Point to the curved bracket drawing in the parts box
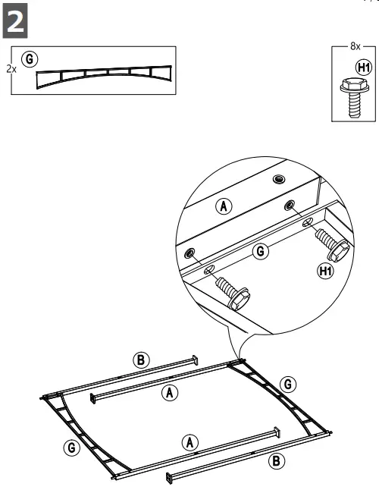coord(105,76)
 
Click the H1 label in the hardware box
coord(364,67)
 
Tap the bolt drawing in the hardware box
coord(353,96)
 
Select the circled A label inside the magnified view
coord(224,204)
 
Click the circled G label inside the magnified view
coord(261,251)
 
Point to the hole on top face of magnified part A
coord(279,179)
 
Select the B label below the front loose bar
coord(277,459)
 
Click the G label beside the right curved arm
coord(288,385)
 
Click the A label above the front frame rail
coord(190,441)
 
